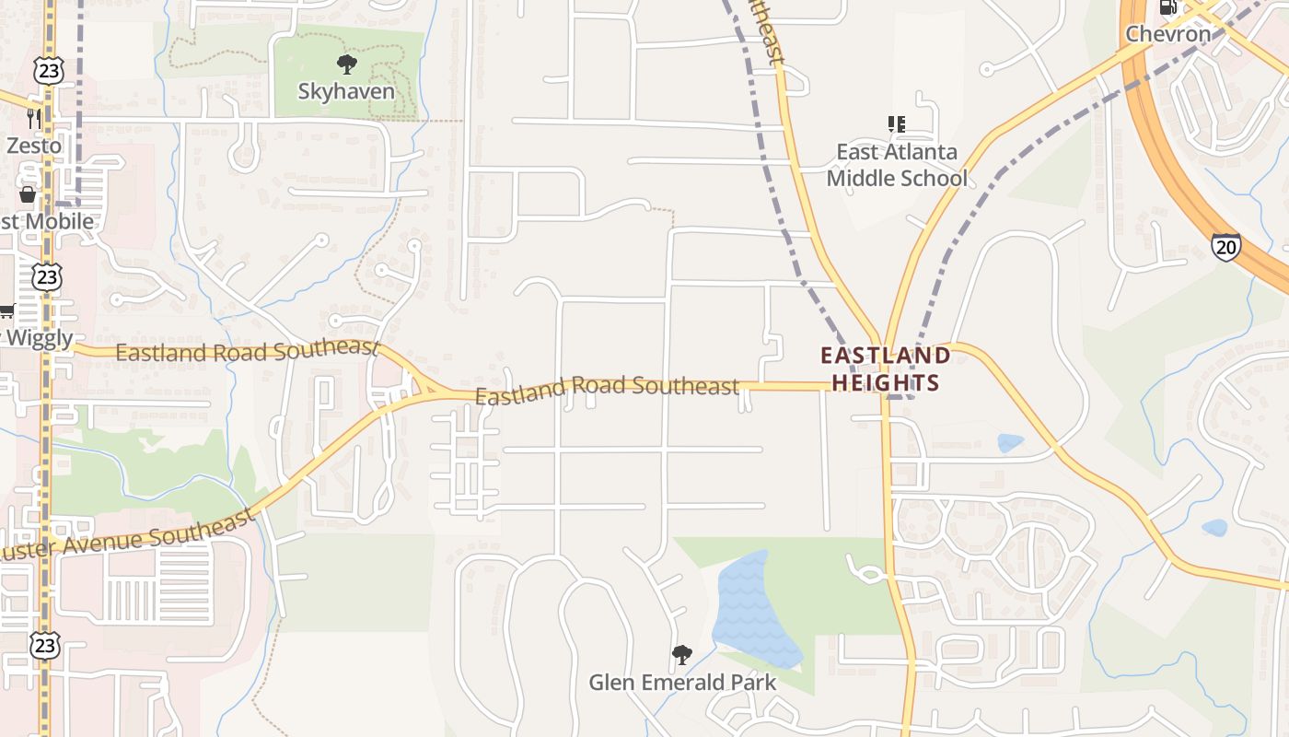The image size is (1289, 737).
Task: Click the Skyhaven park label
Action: (x=346, y=91)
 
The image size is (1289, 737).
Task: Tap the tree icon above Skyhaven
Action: (x=346, y=64)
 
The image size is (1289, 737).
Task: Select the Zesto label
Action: (x=34, y=145)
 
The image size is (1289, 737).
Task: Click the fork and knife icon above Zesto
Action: (x=34, y=118)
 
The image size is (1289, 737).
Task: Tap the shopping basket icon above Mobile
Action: (x=28, y=194)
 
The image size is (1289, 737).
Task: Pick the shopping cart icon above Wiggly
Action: (x=7, y=311)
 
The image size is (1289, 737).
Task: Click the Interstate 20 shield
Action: (x=1225, y=246)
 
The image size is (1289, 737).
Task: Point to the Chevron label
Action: (x=1168, y=34)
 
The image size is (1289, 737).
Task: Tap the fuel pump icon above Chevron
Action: (x=1168, y=7)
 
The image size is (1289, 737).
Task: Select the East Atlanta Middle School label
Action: (x=896, y=164)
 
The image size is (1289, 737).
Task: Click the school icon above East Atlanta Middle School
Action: (x=896, y=123)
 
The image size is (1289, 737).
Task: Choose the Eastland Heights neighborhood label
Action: (x=885, y=368)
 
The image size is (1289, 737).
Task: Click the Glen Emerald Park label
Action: (x=682, y=683)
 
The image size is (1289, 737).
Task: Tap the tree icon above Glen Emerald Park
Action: (x=682, y=655)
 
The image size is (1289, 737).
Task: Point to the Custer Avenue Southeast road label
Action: (x=129, y=537)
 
